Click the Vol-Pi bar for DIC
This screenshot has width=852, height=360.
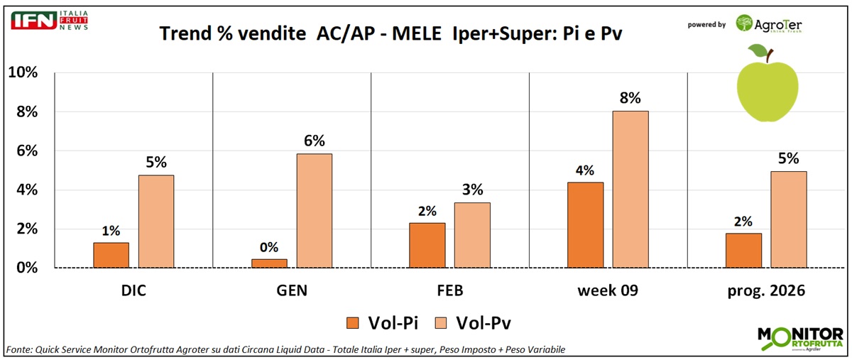(111, 255)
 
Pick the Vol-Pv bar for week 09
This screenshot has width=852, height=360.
(630, 189)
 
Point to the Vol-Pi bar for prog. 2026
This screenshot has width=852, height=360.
(743, 250)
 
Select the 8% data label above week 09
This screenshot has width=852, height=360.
(630, 98)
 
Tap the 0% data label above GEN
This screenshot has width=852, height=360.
(269, 246)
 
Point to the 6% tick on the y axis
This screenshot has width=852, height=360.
(24, 151)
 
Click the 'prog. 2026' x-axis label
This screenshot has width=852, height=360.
(766, 292)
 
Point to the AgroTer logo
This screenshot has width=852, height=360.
(770, 24)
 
